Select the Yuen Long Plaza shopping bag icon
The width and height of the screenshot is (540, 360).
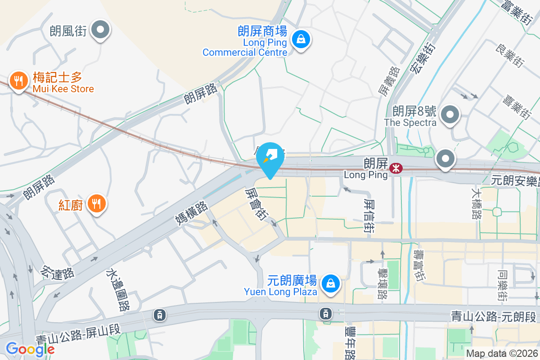click(331, 283)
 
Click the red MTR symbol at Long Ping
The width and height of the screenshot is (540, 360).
click(396, 168)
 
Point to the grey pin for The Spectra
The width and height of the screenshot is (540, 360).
click(450, 115)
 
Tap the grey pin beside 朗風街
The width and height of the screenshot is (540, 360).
click(101, 31)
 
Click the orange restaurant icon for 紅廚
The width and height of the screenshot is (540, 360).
click(96, 203)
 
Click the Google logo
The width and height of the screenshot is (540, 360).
click(30, 349)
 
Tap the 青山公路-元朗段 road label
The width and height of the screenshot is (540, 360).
click(495, 316)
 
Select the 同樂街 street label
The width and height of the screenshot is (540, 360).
click(503, 285)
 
